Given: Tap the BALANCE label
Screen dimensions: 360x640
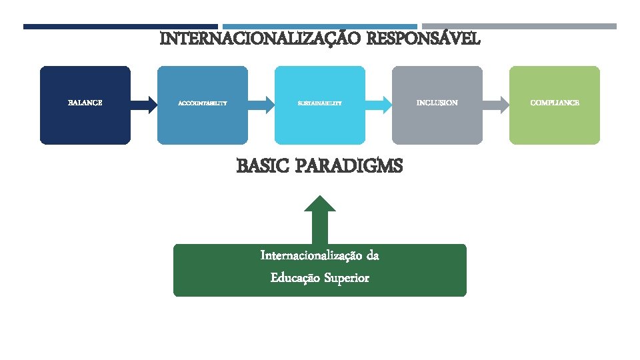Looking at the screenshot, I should tap(85, 103).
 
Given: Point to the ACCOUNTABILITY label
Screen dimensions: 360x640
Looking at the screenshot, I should tap(203, 103).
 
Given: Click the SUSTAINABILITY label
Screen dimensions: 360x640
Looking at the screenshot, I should tap(320, 103).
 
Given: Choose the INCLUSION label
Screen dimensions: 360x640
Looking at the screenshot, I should tap(437, 103).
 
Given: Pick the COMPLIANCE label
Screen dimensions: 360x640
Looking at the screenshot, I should tap(555, 103).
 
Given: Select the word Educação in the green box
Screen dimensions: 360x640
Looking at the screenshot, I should tap(295, 278).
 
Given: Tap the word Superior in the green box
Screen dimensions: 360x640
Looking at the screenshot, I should tap(347, 278).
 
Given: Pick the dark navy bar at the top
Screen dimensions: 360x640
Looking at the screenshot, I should tap(121, 27).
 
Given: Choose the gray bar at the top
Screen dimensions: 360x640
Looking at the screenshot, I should tap(519, 27).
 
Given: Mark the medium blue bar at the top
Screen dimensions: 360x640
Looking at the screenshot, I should tap(320, 27).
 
